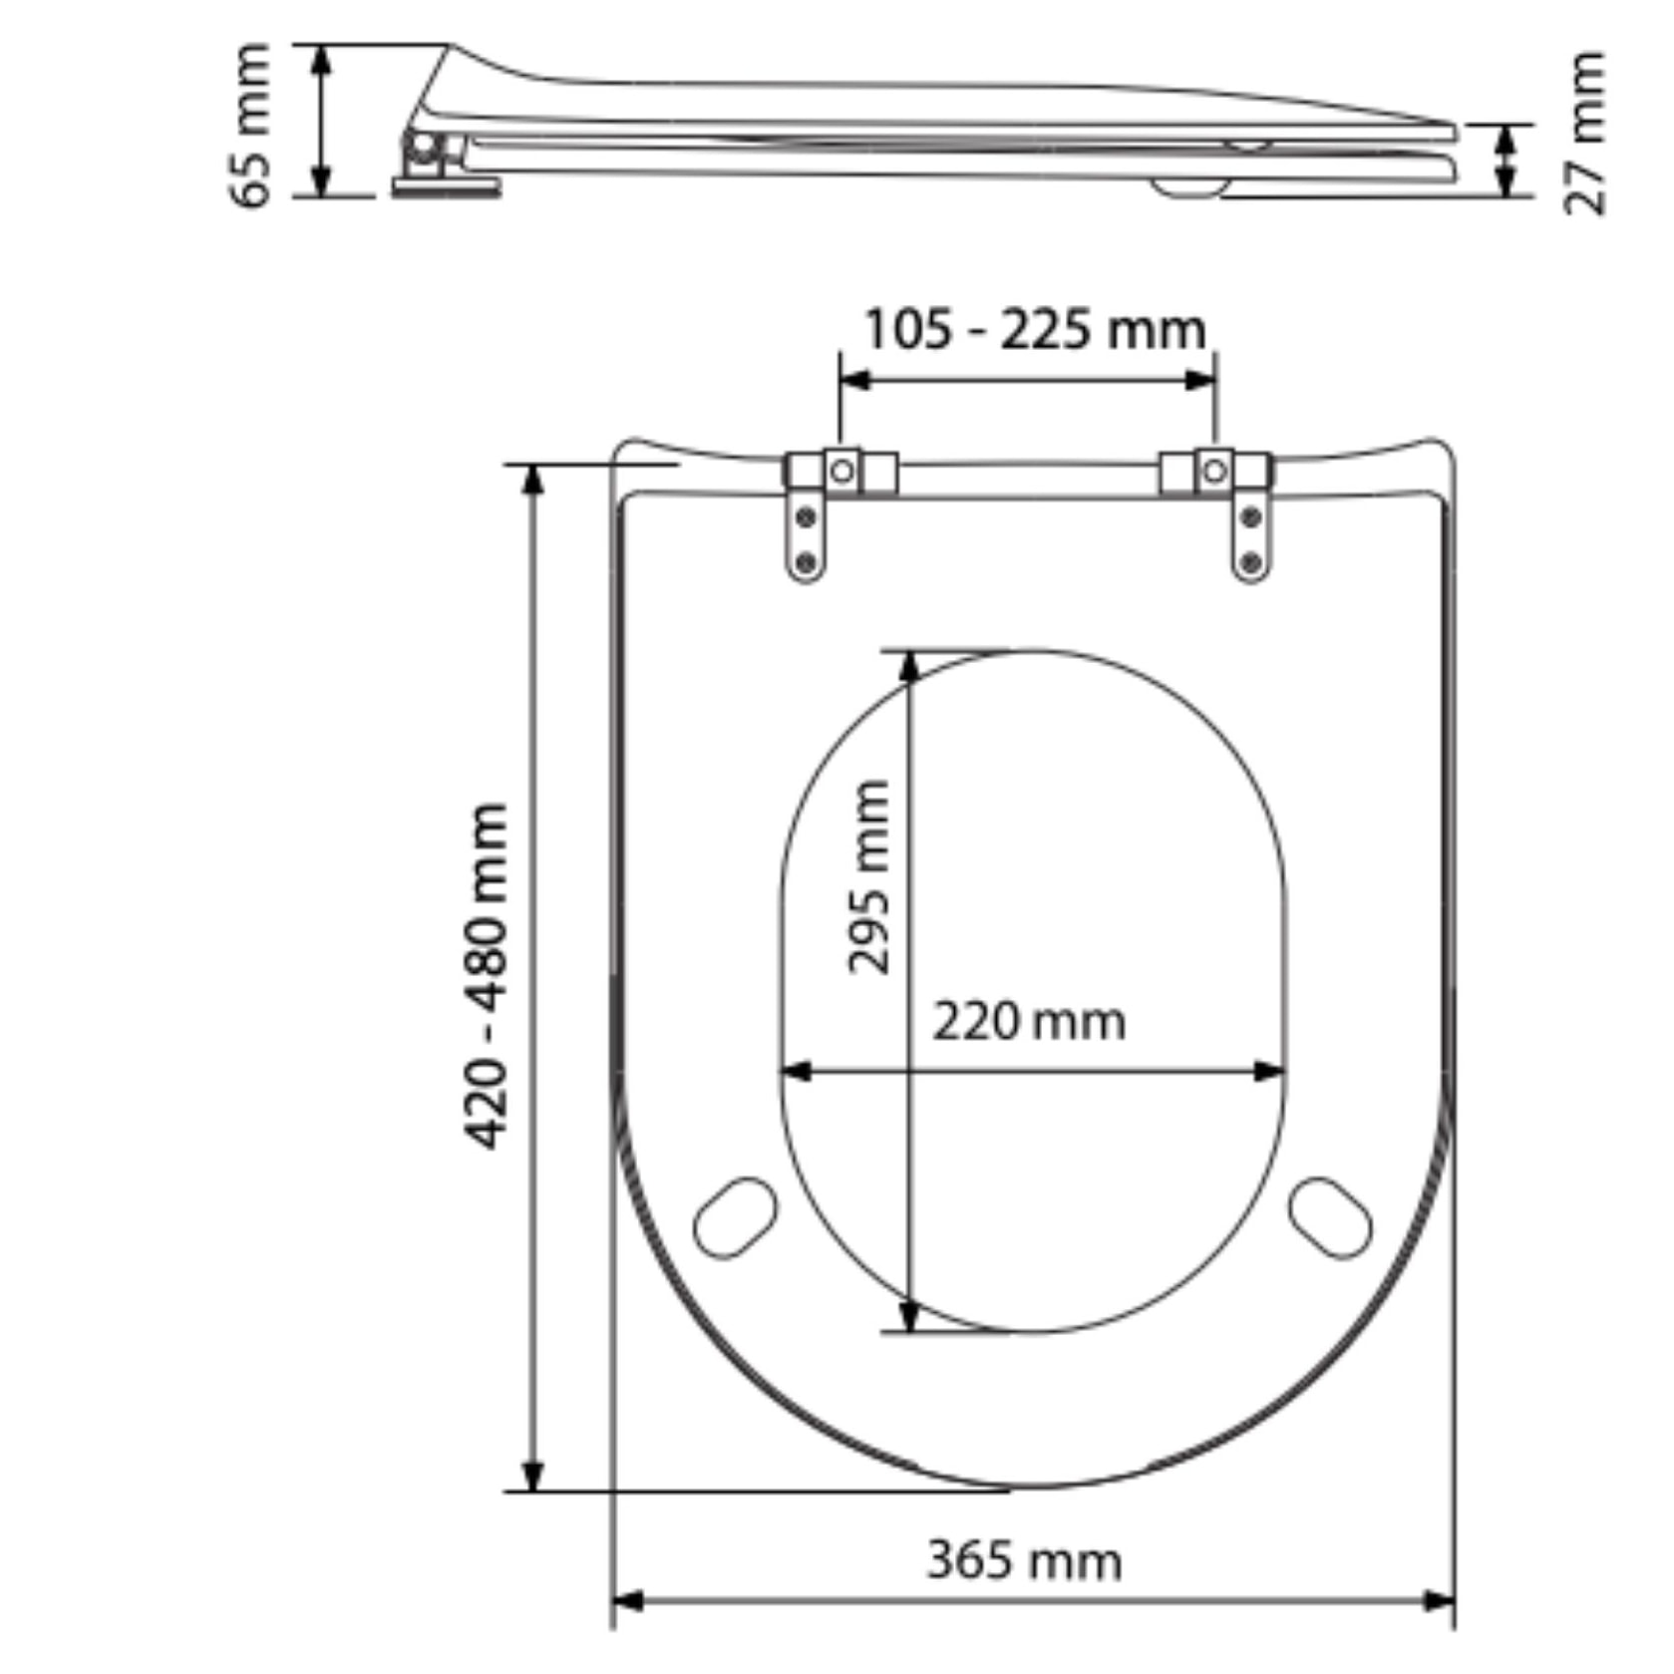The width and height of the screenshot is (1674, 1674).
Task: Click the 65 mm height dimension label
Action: click(250, 125)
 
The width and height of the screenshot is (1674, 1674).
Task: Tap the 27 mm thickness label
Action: click(1584, 133)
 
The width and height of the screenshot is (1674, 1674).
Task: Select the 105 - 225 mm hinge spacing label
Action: click(1034, 329)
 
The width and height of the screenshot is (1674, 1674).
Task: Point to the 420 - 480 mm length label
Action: click(488, 975)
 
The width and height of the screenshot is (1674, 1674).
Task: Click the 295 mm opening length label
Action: click(867, 876)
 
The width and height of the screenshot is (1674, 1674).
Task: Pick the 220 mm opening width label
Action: click(1029, 1022)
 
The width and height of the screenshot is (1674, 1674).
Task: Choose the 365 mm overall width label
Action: click(1024, 1560)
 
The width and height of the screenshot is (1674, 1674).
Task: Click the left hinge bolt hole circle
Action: click(842, 470)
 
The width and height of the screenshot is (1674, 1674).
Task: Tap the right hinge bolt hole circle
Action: click(1213, 470)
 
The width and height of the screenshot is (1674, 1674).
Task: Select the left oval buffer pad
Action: click(735, 1217)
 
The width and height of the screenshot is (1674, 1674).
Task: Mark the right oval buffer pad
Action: click(1330, 1217)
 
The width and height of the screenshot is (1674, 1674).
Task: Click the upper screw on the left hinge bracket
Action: click(806, 517)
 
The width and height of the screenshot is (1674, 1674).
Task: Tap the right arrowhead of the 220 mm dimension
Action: click(1270, 1072)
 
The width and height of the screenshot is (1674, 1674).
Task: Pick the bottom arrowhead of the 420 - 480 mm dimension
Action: click(533, 1476)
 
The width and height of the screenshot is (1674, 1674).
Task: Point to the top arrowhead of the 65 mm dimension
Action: click(321, 60)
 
